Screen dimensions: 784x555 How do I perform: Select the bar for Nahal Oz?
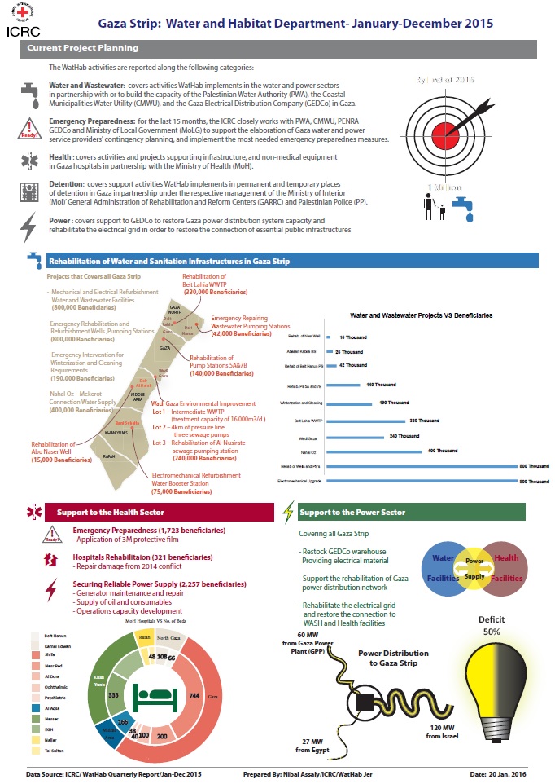click(374, 451)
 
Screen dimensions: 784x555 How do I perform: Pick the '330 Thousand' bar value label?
click(426, 421)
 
